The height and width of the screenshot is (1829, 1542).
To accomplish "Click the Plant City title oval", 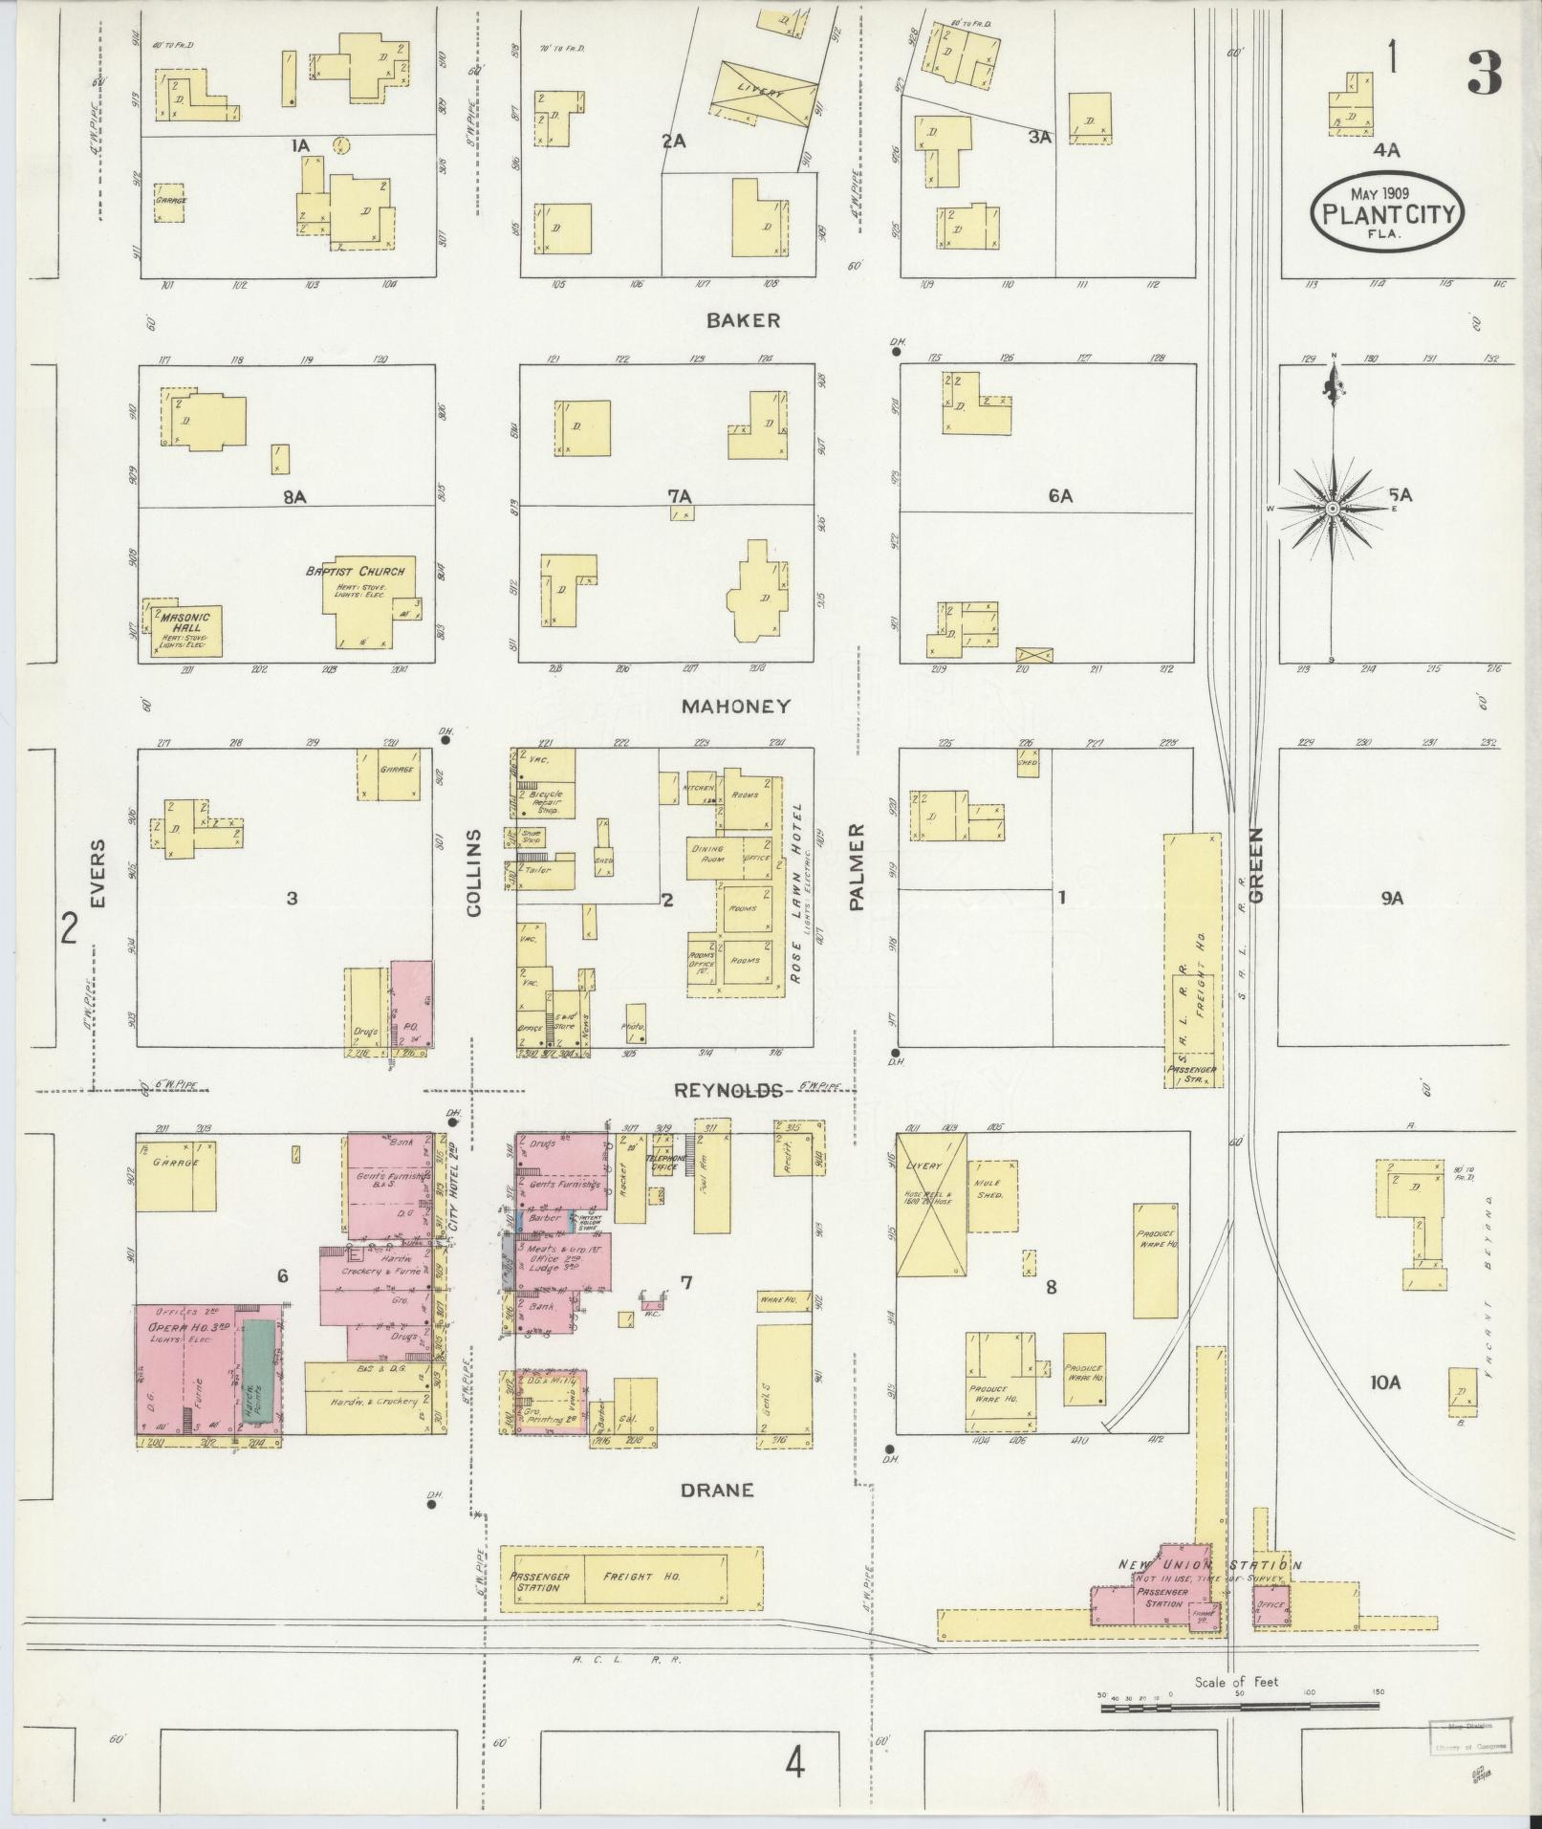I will pos(1386,211).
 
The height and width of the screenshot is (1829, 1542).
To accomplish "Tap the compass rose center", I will pos(1332,509).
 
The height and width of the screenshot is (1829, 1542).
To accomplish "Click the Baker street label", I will pos(743,320).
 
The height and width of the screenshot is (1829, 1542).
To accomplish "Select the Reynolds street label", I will pos(729,1091).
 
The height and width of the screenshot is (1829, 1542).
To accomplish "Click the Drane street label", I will pos(717,1490).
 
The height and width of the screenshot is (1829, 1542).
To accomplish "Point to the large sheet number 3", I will pos(1484,74).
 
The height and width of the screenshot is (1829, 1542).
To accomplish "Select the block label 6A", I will pos(1059,496).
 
